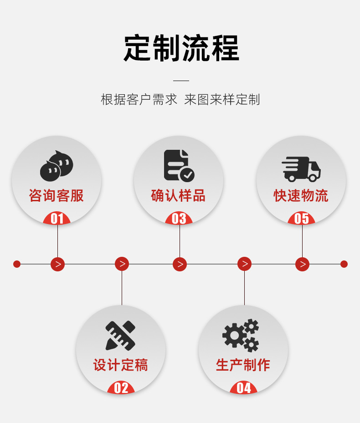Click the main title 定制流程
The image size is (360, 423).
tap(181, 48)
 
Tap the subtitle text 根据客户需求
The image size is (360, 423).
tap(139, 100)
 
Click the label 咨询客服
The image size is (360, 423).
tap(57, 196)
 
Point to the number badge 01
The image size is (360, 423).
tap(57, 219)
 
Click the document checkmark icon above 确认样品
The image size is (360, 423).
tap(179, 165)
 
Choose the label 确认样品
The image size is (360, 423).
tap(179, 196)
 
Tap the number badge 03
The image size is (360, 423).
tap(179, 219)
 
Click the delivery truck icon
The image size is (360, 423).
tap(301, 169)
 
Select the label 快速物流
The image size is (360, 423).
tap(301, 196)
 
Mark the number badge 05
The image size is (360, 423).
tap(302, 219)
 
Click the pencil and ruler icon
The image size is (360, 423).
tap(120, 336)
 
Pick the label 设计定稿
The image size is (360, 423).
tap(121, 365)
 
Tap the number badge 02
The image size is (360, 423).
tap(121, 388)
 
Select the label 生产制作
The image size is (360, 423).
tap(243, 365)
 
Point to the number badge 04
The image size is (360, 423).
tap(244, 388)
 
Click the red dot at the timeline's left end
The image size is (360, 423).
tap(17, 264)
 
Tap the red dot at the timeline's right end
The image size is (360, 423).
tap(344, 264)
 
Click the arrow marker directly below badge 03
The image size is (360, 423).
tap(180, 264)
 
